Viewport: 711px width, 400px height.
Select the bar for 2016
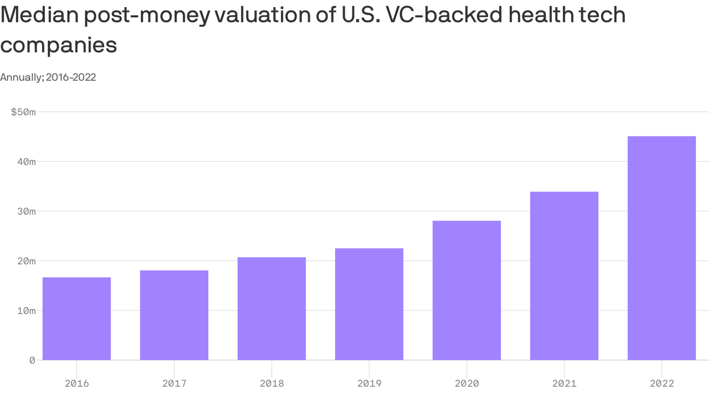pyautogui.click(x=77, y=319)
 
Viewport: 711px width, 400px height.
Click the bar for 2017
pyautogui.click(x=174, y=315)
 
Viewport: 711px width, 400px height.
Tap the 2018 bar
pyautogui.click(x=272, y=309)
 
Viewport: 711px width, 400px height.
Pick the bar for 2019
pyautogui.click(x=369, y=304)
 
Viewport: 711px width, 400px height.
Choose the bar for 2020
pyautogui.click(x=466, y=291)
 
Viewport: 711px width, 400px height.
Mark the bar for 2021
pyautogui.click(x=564, y=276)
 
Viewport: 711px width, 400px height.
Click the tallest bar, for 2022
pyautogui.click(x=662, y=248)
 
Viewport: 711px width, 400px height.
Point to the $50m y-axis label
pyautogui.click(x=23, y=112)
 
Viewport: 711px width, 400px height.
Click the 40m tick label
pyautogui.click(x=25, y=161)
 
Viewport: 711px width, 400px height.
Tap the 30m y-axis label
pyautogui.click(x=25, y=211)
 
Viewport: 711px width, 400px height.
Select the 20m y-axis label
pyautogui.click(x=25, y=261)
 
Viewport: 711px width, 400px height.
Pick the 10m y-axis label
pyautogui.click(x=25, y=311)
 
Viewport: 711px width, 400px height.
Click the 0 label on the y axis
pyautogui.click(x=32, y=360)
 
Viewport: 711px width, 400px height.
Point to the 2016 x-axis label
pyautogui.click(x=77, y=384)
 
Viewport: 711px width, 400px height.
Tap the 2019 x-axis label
pyautogui.click(x=369, y=384)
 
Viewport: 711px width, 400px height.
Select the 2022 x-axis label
pyautogui.click(x=662, y=384)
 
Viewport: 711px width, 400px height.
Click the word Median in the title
pyautogui.click(x=39, y=15)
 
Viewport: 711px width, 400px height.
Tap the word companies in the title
pyautogui.click(x=58, y=45)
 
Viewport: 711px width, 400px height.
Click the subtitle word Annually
pyautogui.click(x=21, y=78)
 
